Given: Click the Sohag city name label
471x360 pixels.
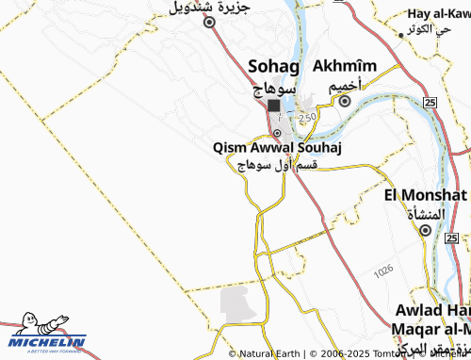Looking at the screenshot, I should pyautogui.click(x=272, y=66).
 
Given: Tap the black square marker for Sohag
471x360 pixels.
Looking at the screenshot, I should pyautogui.click(x=273, y=106).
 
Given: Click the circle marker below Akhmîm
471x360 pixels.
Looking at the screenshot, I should pyautogui.click(x=346, y=101).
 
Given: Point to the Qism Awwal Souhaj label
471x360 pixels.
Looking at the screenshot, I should pyautogui.click(x=276, y=148).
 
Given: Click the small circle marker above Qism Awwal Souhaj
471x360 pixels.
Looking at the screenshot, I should pyautogui.click(x=276, y=133).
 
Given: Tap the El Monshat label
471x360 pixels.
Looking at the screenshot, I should pyautogui.click(x=426, y=195).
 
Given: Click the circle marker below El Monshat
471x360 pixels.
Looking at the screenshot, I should pyautogui.click(x=425, y=229).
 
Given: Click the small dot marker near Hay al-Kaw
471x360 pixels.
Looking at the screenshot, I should pyautogui.click(x=401, y=34).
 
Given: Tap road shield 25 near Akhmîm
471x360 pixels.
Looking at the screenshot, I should pyautogui.click(x=429, y=101).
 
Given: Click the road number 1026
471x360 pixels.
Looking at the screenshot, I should pyautogui.click(x=382, y=270).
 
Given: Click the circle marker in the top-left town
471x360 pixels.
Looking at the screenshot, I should pyautogui.click(x=209, y=24).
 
